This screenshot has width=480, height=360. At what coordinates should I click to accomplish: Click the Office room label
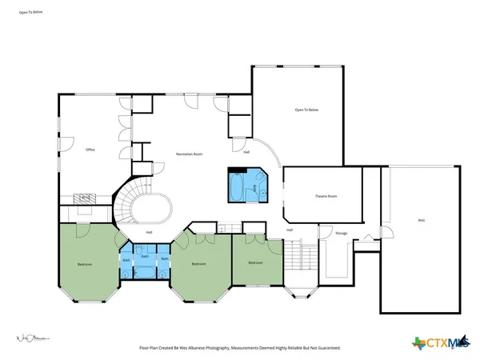coord(90,150)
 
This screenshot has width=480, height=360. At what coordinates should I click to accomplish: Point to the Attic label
coord(421,220)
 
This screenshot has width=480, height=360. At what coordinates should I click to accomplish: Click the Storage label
coord(341,233)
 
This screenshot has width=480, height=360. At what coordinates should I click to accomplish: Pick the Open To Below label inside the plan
coord(306,110)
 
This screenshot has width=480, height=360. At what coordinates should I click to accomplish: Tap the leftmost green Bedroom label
coord(85,264)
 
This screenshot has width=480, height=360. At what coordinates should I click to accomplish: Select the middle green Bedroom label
coord(200,264)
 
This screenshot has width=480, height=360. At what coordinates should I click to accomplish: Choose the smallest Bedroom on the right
coord(255,263)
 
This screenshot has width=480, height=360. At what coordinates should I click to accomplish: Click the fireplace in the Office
coord(82,198)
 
